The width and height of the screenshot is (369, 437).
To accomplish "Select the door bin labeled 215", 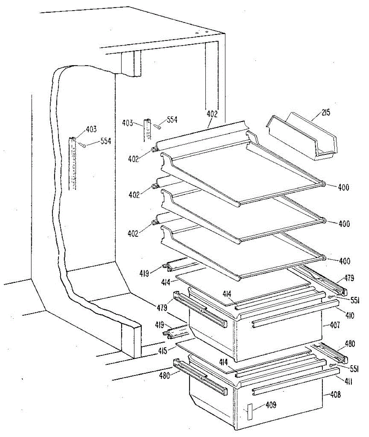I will coord(303,137).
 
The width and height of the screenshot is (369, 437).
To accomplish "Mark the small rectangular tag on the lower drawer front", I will coord(250,412).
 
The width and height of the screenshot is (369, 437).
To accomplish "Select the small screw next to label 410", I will coord(331,297).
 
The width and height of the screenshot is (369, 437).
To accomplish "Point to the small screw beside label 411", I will coord(331,365).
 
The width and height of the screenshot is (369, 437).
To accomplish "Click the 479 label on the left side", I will coord(162,308).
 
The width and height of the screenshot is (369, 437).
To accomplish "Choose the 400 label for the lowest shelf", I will coord(344,261).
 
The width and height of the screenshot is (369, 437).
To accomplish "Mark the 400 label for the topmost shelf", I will coord(343,188).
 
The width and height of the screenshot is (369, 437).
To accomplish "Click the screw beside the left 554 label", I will coord(82,145).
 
